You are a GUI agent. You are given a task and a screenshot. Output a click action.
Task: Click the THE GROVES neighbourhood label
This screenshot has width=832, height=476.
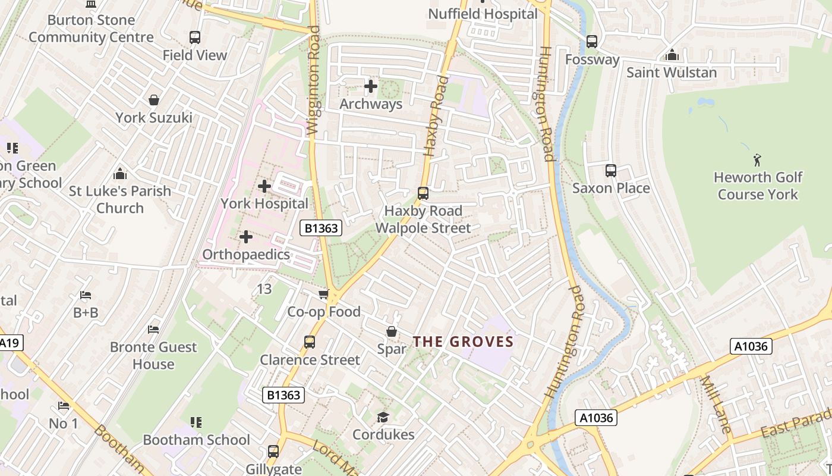[463, 342]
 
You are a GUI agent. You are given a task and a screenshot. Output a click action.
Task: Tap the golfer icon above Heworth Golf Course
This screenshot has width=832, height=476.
[757, 159]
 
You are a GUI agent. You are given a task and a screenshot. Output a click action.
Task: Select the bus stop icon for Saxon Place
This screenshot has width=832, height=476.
[610, 171]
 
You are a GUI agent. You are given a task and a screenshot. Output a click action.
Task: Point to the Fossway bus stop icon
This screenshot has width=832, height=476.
[591, 42]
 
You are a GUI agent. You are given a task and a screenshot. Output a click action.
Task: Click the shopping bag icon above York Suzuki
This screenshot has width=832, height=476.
[154, 100]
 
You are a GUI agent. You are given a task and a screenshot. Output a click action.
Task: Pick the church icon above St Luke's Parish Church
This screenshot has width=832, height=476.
[120, 174]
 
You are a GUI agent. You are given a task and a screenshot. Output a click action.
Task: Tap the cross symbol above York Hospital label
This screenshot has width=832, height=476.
[264, 186]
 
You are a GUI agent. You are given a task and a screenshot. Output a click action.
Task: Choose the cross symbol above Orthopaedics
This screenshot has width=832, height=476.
[245, 237]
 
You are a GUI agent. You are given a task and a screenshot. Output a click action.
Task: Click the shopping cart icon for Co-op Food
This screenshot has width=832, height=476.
[323, 294]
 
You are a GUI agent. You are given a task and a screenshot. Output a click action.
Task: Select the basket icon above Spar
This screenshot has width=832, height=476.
[392, 331]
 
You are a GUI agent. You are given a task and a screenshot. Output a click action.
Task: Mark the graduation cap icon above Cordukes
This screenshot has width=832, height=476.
[383, 417]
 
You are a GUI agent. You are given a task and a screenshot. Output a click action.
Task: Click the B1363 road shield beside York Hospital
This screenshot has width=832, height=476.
[321, 227]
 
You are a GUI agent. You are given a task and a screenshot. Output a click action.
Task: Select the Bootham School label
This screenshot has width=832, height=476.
[196, 440]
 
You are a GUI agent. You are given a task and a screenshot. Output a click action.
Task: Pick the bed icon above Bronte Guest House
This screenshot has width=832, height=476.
[153, 329]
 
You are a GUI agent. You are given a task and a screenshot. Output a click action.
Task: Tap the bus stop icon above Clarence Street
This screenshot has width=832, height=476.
[310, 342]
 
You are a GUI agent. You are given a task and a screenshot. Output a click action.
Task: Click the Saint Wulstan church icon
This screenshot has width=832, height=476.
[672, 55]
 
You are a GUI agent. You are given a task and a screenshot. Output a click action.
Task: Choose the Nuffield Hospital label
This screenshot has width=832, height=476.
[483, 14]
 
